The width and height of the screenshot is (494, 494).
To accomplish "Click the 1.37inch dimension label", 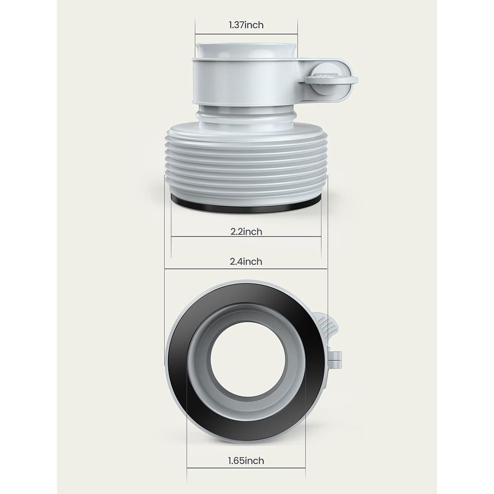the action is click(x=246, y=25).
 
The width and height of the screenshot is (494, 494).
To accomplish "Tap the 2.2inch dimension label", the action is click(x=246, y=231).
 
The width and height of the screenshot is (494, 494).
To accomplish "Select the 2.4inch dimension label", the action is click(x=246, y=262).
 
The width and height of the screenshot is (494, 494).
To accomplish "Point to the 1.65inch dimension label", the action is click(x=246, y=461).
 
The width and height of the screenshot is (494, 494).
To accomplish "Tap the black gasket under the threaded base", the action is click(x=246, y=205).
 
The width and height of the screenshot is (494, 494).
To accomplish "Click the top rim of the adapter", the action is click(x=246, y=50).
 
